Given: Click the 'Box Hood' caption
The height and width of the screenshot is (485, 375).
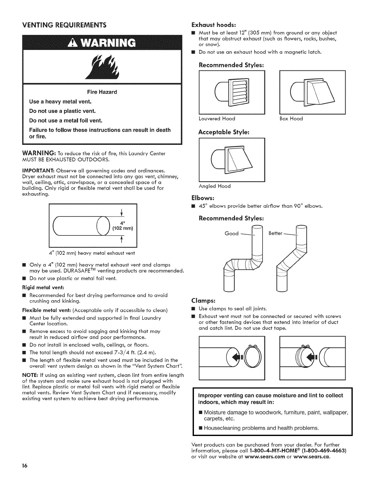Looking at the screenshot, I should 291,118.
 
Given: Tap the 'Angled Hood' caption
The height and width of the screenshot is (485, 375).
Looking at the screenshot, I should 214,186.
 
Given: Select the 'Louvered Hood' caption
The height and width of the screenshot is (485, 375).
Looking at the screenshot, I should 217,118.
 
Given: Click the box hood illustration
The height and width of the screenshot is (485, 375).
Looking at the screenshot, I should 313,92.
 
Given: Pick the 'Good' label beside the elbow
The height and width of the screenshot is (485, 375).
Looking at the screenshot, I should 232,234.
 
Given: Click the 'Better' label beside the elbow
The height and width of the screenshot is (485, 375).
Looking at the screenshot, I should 275,233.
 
